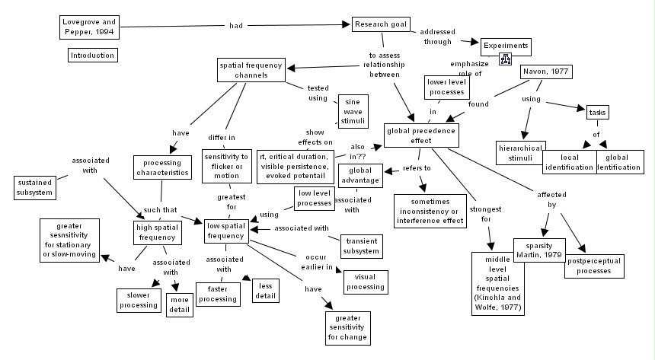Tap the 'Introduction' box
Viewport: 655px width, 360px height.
point(92,56)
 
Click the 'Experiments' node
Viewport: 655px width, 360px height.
point(505,45)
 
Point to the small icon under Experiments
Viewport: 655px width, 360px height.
point(504,60)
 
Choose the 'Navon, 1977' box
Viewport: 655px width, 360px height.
point(546,72)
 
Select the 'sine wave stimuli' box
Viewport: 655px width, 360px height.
point(353,111)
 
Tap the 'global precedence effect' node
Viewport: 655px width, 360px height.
point(421,135)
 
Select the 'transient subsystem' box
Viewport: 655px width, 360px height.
point(359,245)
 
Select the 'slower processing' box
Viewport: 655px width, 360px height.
point(139,300)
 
